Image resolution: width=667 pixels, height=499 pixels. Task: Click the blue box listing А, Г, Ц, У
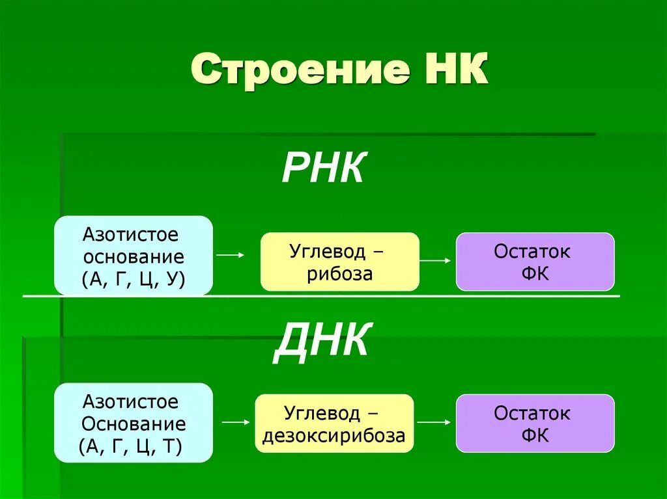(134, 256)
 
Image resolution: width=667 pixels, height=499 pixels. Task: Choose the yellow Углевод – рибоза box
(340, 262)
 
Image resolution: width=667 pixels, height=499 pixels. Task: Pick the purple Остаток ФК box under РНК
(535, 262)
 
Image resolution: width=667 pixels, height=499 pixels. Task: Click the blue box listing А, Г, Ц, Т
(134, 423)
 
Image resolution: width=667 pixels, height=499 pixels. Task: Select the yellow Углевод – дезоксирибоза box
(334, 423)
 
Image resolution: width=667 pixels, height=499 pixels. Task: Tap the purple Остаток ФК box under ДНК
(535, 423)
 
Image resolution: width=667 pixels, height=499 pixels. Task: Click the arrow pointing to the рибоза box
(230, 256)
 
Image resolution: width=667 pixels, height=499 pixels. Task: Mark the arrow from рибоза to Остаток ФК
(434, 261)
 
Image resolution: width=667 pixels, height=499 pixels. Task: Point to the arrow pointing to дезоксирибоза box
(236, 422)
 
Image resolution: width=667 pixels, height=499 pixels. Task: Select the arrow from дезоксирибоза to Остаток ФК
(433, 422)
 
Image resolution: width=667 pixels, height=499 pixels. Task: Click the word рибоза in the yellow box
(340, 274)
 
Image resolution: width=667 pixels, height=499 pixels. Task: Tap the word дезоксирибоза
(334, 435)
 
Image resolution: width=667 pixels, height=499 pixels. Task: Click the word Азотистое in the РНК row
(130, 234)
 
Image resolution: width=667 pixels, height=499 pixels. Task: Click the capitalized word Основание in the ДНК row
(134, 424)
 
